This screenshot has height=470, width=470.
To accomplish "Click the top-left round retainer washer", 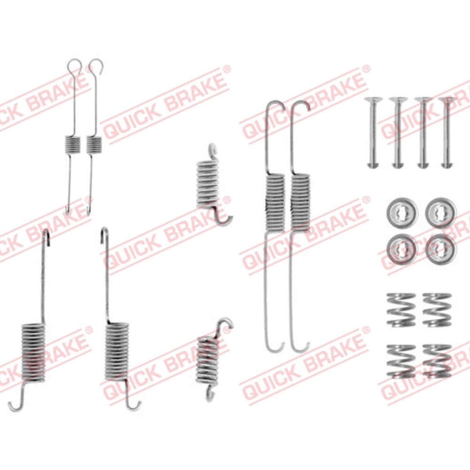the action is pyautogui.click(x=402, y=212).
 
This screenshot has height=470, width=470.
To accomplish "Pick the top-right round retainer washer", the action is pyautogui.click(x=441, y=212).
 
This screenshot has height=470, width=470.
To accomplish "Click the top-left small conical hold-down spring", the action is pyautogui.click(x=401, y=310).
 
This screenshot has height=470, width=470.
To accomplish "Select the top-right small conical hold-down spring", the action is pyautogui.click(x=437, y=310).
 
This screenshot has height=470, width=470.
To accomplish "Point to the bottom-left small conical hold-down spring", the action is pyautogui.click(x=401, y=361).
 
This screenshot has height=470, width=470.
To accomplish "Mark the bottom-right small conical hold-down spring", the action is pyautogui.click(x=437, y=361).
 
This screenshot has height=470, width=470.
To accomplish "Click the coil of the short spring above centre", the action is pyautogui.click(x=207, y=184).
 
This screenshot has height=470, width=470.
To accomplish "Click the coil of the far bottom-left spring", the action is pyautogui.click(x=33, y=353).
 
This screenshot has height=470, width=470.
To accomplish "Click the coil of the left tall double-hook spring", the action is pyautogui.click(x=275, y=203).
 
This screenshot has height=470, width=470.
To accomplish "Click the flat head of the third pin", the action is pyautogui.click(x=423, y=99).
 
